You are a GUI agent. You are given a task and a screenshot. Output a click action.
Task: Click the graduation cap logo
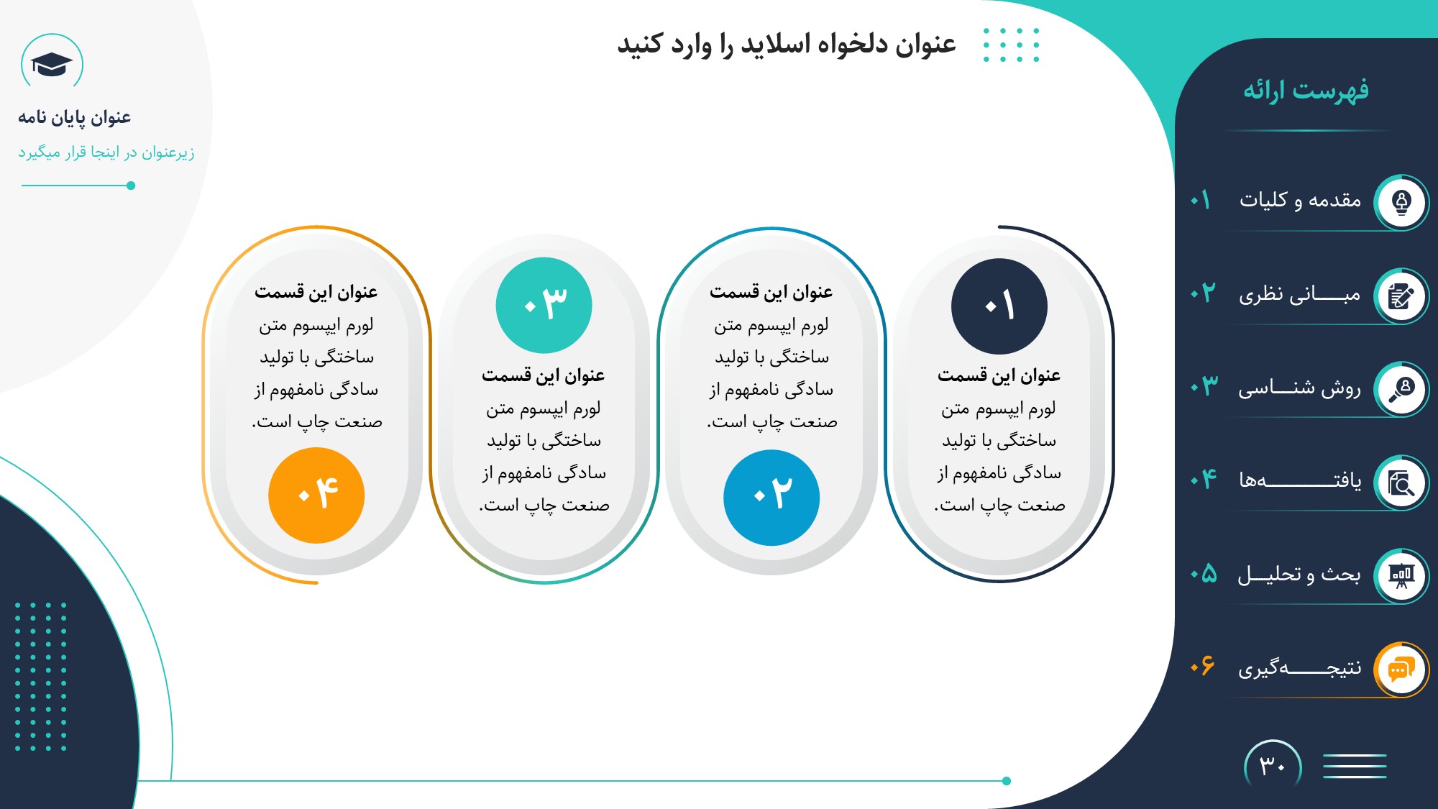52,65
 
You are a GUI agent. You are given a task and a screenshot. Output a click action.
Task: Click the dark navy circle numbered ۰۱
999,306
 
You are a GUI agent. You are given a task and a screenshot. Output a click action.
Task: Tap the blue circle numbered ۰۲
771,498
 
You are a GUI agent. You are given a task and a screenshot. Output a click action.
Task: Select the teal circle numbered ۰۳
544,306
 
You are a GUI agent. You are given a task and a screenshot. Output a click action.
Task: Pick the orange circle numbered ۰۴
316,495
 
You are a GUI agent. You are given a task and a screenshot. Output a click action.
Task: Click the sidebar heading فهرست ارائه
1306,91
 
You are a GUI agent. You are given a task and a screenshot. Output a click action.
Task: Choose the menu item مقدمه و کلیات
1300,200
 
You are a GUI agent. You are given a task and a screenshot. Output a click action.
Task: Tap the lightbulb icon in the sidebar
1401,202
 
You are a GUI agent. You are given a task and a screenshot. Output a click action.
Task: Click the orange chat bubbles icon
1401,669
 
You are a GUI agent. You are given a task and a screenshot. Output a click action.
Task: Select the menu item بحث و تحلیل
1299,574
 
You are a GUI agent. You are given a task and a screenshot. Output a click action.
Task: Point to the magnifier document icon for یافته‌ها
1401,483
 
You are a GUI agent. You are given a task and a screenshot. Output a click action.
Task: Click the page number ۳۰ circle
1273,767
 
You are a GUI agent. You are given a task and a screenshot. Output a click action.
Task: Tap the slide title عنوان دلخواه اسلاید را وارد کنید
787,45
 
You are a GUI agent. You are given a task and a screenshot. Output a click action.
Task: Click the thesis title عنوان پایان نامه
75,118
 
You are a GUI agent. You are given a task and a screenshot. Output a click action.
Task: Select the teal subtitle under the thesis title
106,152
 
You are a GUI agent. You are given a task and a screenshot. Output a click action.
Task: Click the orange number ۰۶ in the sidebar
1202,665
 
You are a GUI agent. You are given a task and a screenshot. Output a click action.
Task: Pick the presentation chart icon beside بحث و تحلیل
1401,576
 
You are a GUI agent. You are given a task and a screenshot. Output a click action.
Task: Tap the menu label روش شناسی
1299,388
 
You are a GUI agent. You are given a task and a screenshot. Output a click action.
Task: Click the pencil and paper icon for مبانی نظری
1401,296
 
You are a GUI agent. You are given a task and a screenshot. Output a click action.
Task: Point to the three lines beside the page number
1355,766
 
